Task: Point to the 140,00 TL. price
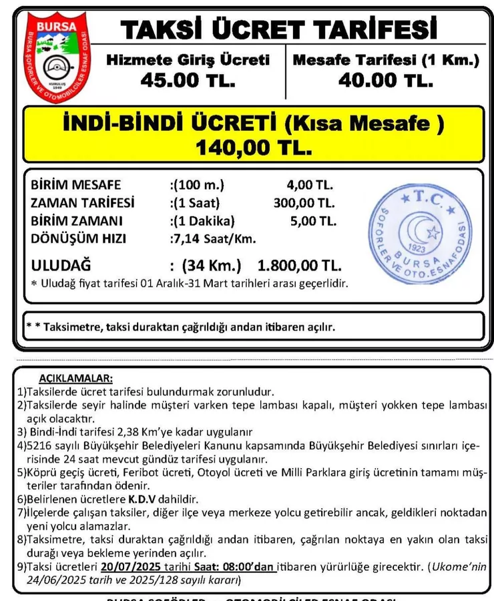(254, 148)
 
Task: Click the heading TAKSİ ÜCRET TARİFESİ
(279, 29)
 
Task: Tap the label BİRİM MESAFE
(76, 185)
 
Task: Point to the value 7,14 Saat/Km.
(214, 238)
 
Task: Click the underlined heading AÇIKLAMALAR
(75, 379)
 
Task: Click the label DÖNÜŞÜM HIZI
(79, 238)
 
